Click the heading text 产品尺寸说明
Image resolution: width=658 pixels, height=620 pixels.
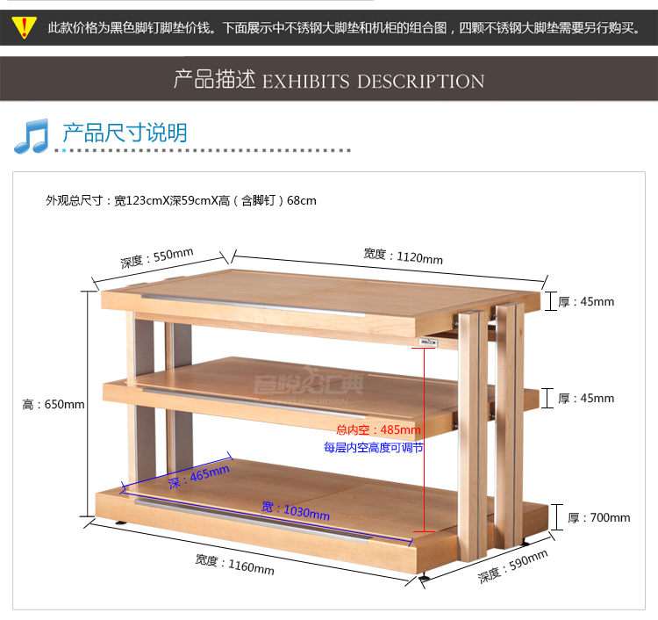click(x=124, y=133)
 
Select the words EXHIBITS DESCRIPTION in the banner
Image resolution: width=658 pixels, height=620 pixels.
click(x=373, y=82)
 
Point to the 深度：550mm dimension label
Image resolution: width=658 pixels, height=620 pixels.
click(x=157, y=258)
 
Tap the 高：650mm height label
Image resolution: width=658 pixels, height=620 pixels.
click(x=54, y=404)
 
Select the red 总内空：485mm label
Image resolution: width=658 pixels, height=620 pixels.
click(x=378, y=430)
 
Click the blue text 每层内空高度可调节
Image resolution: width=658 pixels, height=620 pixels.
click(x=373, y=447)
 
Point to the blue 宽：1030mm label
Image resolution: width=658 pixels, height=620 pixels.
click(x=296, y=509)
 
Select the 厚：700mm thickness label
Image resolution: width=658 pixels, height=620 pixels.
click(x=599, y=517)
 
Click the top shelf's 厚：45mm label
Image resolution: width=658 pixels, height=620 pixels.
click(x=587, y=301)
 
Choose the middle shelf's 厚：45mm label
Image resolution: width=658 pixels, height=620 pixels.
click(x=587, y=398)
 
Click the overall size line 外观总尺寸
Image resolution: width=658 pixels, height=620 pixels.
click(x=181, y=200)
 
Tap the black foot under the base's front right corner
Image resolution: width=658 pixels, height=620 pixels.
click(x=426, y=577)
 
